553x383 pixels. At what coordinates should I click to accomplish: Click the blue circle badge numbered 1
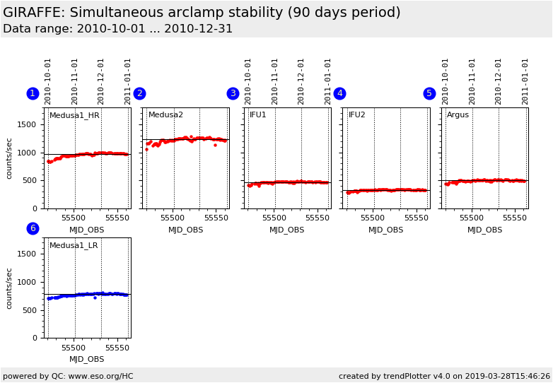33,93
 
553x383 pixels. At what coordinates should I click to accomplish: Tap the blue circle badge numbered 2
139,93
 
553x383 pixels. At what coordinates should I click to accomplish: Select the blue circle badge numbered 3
233,93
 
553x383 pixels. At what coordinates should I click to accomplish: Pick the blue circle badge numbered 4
339,93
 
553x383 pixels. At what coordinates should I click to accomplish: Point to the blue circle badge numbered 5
429,93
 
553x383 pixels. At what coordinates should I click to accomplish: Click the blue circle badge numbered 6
33,228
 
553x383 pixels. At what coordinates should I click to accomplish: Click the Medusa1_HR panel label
74,115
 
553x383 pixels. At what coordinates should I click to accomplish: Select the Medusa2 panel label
165,115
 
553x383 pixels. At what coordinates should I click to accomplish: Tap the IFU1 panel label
258,115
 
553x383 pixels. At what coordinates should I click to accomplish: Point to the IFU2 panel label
357,115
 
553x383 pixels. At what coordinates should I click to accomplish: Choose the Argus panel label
458,115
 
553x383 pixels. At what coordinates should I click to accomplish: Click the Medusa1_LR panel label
74,246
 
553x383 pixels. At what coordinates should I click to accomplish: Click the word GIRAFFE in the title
35,13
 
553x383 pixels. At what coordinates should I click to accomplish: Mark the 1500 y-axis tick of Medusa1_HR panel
27,124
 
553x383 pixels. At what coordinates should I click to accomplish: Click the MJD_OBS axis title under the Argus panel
484,230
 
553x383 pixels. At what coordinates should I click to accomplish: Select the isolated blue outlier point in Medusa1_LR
95,297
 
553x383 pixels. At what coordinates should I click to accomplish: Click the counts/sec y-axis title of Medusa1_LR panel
10,288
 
